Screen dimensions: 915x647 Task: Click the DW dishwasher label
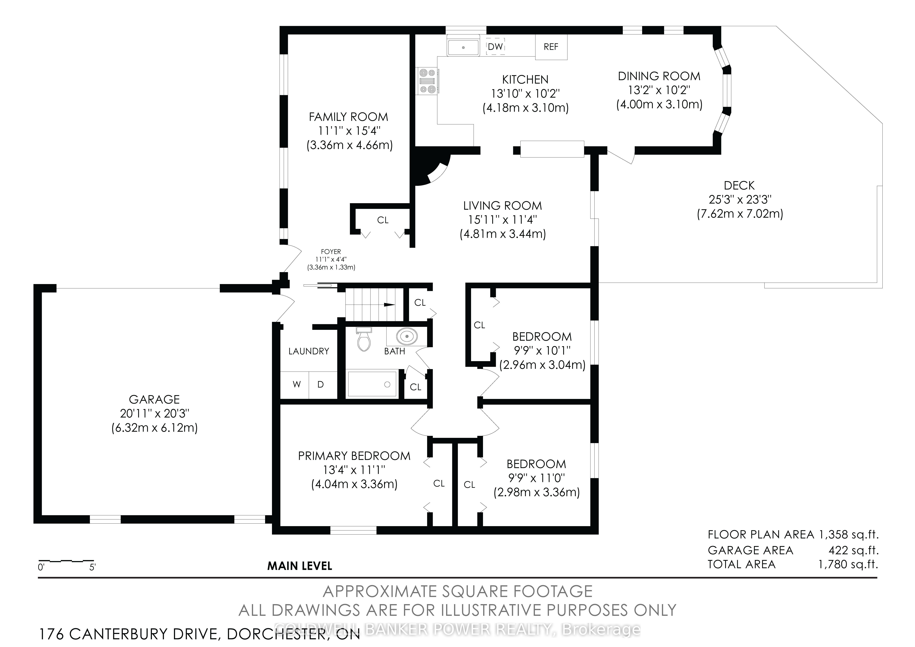click(495, 47)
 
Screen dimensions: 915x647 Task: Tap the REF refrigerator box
click(551, 47)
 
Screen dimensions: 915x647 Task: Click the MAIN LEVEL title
click(300, 566)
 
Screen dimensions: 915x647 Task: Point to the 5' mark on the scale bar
click(92, 567)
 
